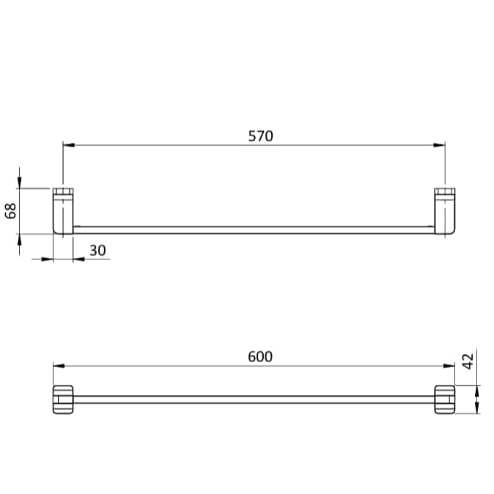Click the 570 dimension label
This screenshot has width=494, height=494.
click(260, 136)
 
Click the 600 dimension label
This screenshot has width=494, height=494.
click(260, 356)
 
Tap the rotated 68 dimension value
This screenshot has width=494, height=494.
click(11, 211)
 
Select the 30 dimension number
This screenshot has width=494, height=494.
click(97, 251)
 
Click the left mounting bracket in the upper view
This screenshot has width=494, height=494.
click(63, 212)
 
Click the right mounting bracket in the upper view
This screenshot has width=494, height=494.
click(445, 212)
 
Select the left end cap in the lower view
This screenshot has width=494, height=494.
click(63, 399)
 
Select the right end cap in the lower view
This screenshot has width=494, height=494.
click(445, 399)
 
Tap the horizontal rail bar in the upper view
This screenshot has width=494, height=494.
click(253, 229)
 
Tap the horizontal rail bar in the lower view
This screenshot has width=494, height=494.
click(253, 399)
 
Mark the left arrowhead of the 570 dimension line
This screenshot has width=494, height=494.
click(68, 145)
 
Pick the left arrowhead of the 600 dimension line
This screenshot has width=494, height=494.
click(58, 366)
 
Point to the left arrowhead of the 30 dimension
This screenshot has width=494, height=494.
click(48, 259)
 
